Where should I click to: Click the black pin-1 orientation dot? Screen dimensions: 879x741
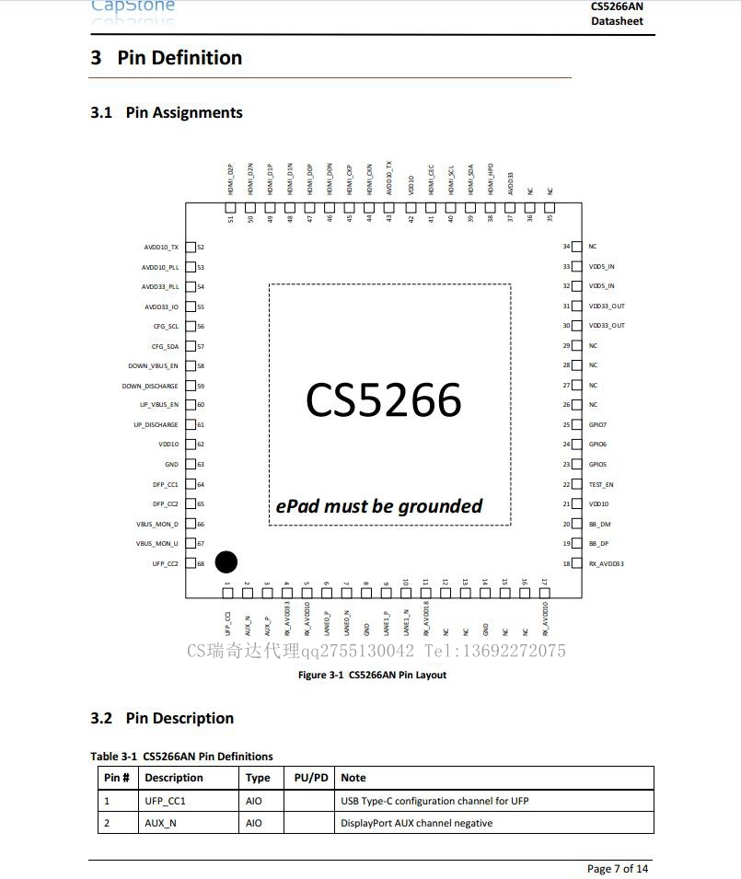click(226, 561)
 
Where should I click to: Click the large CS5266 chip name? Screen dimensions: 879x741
click(383, 400)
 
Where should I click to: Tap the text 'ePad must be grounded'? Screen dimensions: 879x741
click(379, 506)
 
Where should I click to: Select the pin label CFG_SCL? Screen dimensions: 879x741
click(166, 327)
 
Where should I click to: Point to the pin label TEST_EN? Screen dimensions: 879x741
click(601, 484)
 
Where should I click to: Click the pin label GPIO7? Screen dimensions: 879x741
click(597, 425)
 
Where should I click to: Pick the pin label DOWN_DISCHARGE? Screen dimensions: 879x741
click(150, 387)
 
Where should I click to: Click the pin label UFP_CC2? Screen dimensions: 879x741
click(166, 563)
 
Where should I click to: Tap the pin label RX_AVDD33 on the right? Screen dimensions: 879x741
click(606, 563)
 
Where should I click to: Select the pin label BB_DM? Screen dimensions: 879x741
click(599, 524)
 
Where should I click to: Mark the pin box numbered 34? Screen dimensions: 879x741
click(577, 247)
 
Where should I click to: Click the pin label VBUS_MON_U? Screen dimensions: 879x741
click(157, 544)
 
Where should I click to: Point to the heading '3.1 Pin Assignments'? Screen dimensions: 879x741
click(167, 112)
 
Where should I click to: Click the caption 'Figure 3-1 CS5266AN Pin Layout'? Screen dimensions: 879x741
click(372, 675)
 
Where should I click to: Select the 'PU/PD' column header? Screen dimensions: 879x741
click(311, 778)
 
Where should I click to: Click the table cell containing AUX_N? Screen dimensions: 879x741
click(160, 823)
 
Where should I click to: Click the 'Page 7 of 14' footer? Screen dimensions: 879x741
click(617, 869)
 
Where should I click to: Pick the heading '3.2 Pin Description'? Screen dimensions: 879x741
click(162, 718)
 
